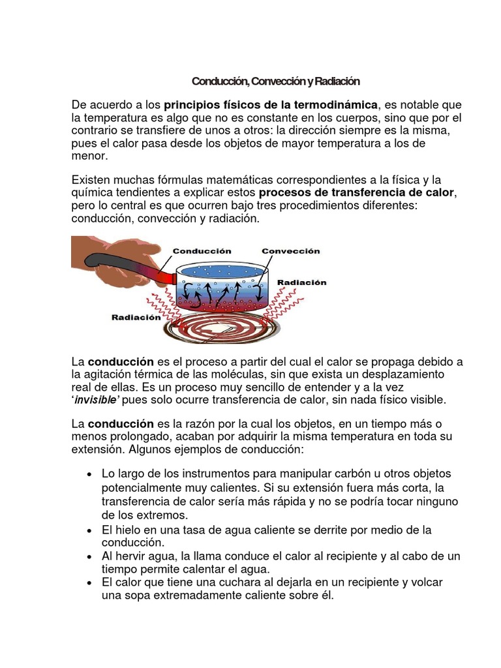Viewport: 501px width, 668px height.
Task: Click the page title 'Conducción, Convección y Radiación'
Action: point(275,82)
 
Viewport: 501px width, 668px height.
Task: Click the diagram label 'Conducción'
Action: point(202,250)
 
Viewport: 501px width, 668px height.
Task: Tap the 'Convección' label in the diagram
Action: point(291,250)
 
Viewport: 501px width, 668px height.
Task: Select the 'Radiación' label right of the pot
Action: point(302,282)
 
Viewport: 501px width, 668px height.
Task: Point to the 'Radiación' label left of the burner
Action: point(136,318)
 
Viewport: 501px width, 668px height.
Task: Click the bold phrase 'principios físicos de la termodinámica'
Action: point(271,105)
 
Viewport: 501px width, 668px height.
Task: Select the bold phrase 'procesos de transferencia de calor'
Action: point(357,193)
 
